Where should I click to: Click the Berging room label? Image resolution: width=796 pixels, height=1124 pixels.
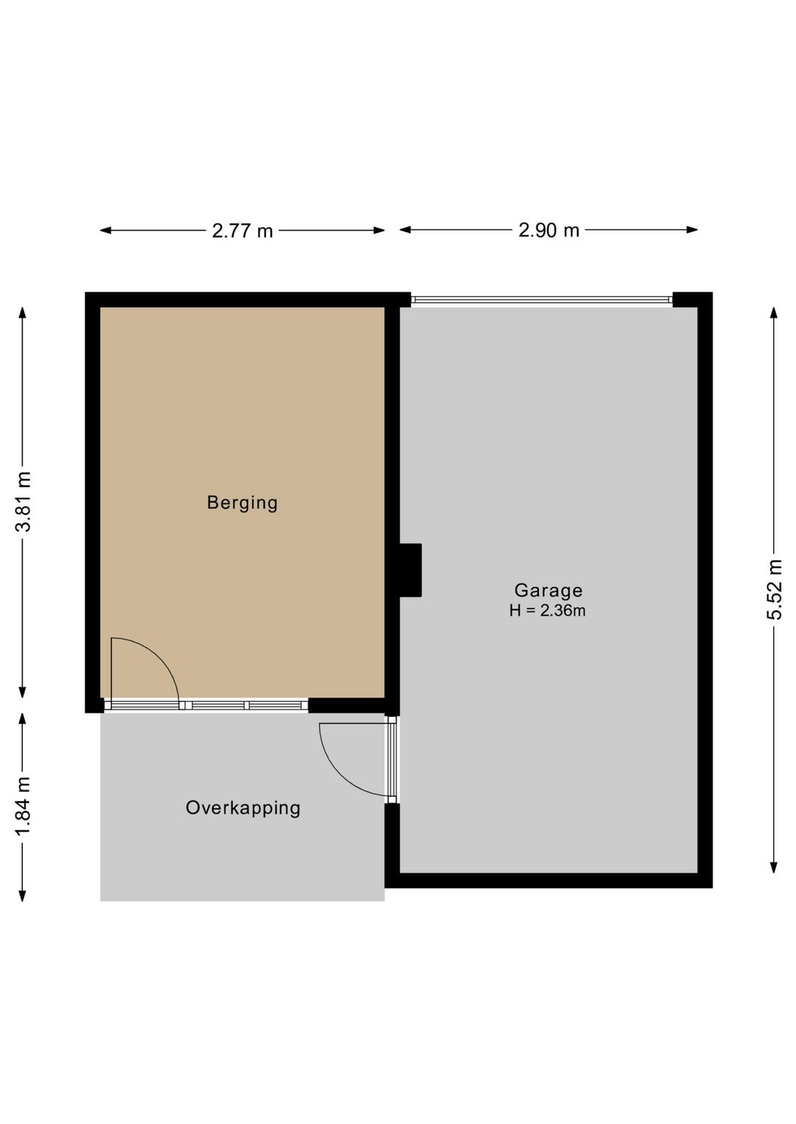[x=242, y=503]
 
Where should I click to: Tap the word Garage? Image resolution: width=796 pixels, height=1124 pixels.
[x=548, y=590]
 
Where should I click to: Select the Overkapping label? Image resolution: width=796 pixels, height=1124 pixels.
[x=242, y=808]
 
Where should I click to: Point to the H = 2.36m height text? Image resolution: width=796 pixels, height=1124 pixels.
[x=547, y=611]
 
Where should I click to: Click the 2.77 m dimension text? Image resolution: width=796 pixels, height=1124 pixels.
[x=242, y=231]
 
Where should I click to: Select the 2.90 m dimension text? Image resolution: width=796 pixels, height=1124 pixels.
[x=548, y=231]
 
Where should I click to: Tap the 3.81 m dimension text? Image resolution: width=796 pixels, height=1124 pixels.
[x=24, y=502]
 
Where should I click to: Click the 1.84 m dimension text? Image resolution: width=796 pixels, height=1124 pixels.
[x=24, y=807]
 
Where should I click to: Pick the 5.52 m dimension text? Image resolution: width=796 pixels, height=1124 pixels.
[x=775, y=589]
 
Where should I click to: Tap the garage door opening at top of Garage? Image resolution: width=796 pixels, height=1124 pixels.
[x=542, y=300]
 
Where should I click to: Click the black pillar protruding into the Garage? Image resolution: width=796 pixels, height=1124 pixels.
[x=410, y=570]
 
